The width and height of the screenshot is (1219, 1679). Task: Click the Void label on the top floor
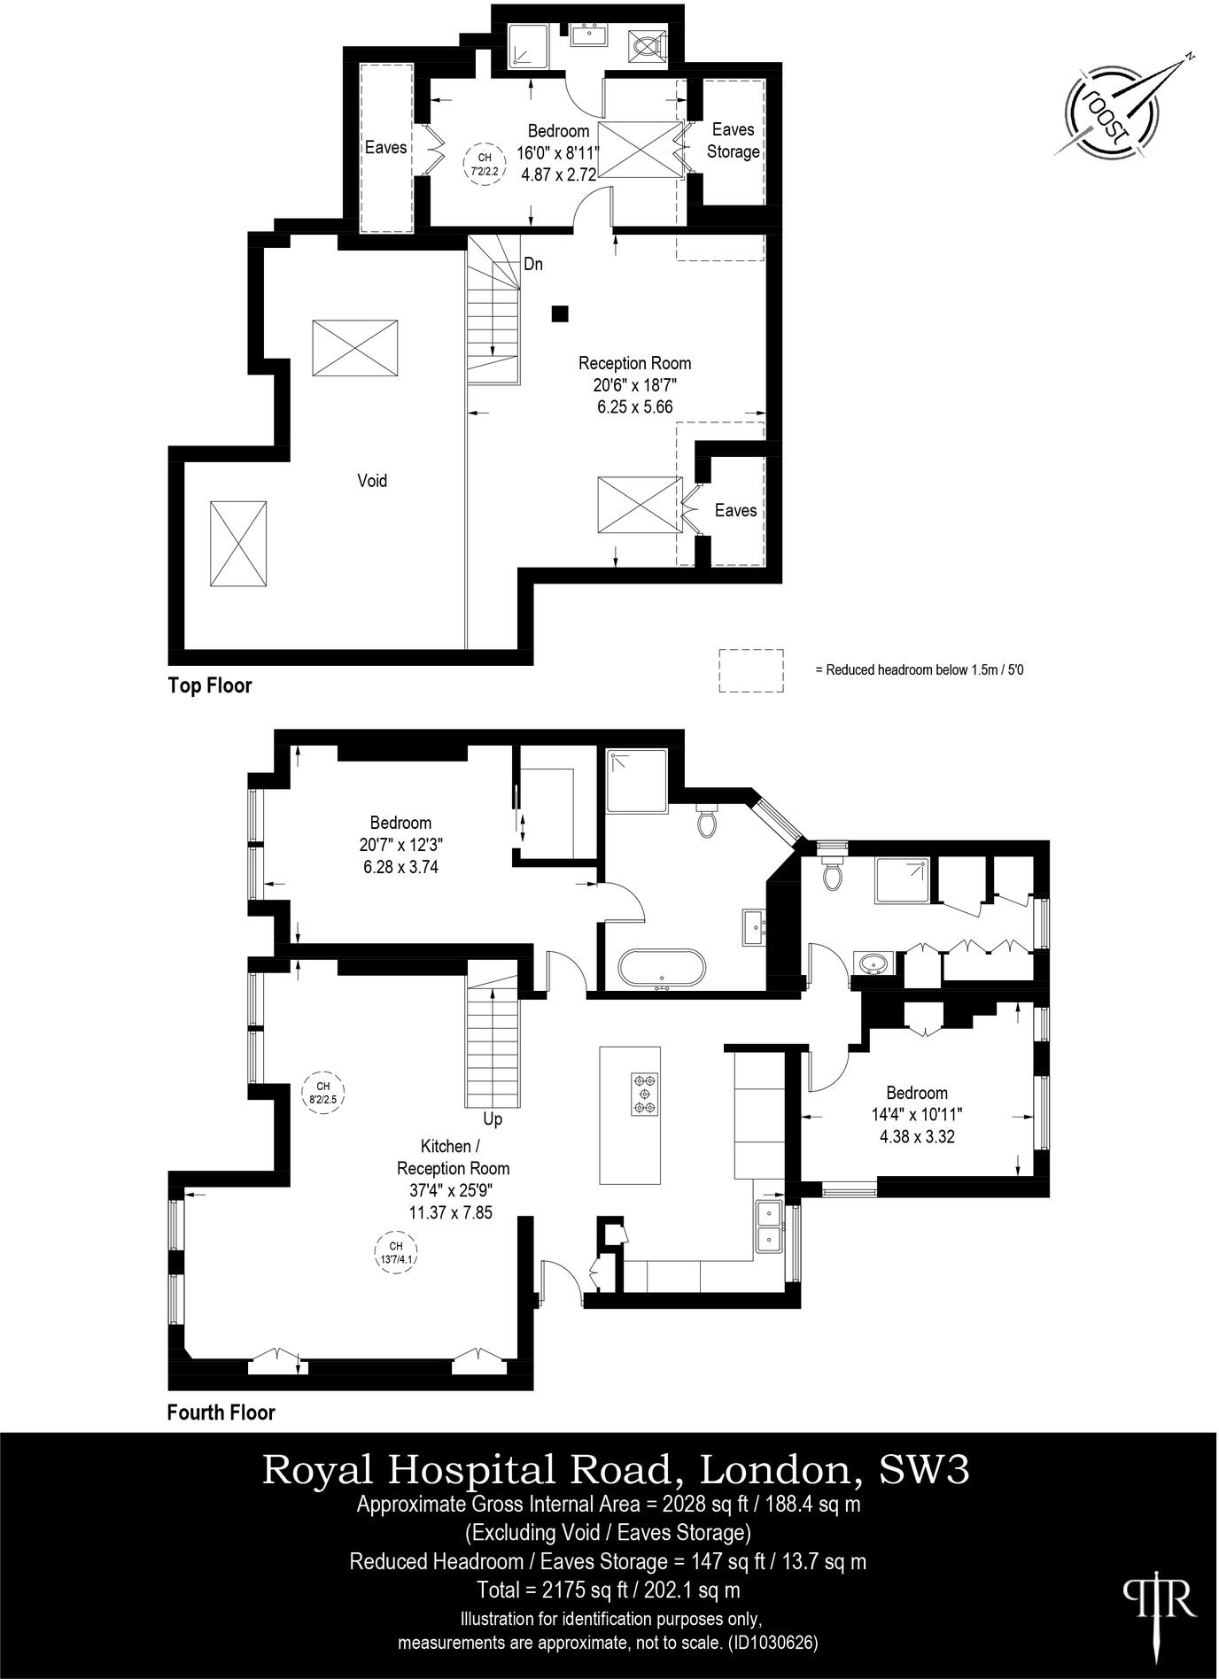(x=372, y=481)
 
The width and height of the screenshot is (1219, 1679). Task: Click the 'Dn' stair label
(x=533, y=264)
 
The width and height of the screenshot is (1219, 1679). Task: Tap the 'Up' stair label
(x=493, y=1118)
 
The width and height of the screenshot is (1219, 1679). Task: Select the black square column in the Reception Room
(x=560, y=313)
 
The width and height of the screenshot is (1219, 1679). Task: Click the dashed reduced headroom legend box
(x=750, y=669)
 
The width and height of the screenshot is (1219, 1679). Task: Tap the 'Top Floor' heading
(x=210, y=685)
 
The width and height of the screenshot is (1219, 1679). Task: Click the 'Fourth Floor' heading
(x=221, y=1412)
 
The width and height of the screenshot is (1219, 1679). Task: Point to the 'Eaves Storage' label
(x=733, y=141)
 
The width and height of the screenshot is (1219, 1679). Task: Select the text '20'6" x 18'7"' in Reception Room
(x=634, y=385)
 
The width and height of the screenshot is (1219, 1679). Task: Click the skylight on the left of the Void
(x=238, y=543)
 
